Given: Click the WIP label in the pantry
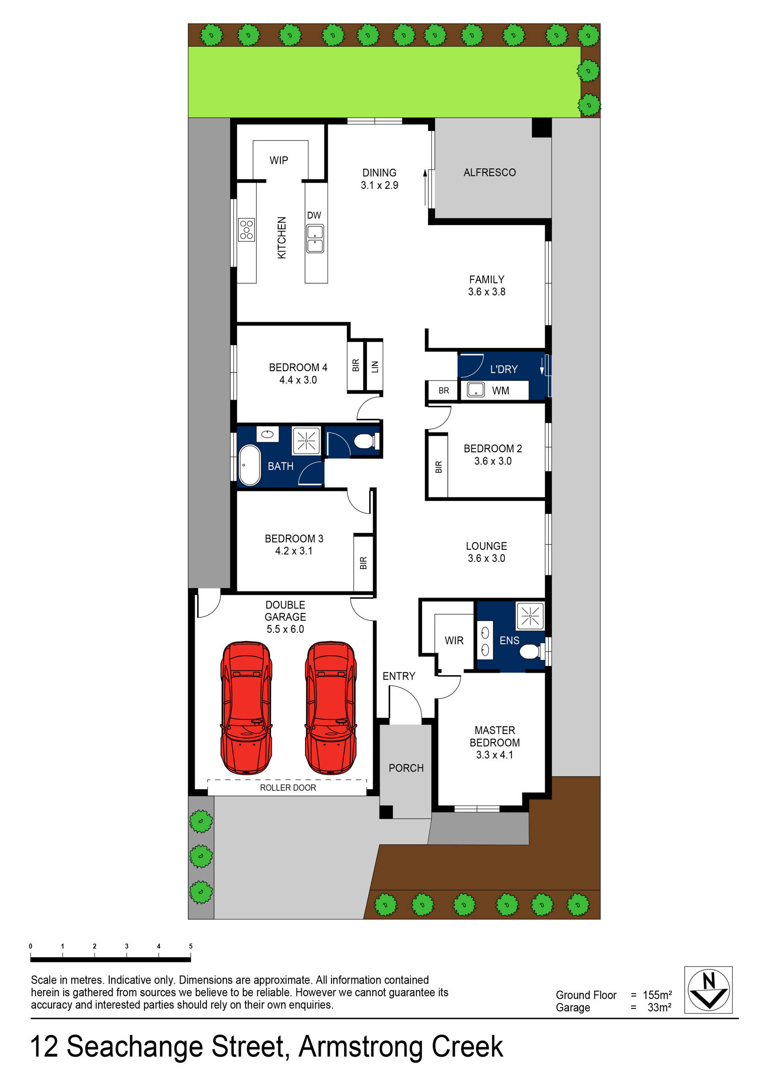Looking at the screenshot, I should tap(278, 160).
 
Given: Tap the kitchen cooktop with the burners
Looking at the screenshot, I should tap(246, 229).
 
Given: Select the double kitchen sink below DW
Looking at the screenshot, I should tap(315, 239).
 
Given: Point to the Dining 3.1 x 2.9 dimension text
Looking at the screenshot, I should tap(379, 186).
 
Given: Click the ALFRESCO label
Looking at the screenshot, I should tap(489, 173).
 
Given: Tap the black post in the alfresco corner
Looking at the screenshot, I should tap(541, 128).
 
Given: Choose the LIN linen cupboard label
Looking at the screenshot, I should tap(375, 366).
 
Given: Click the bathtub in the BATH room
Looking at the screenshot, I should tap(249, 465).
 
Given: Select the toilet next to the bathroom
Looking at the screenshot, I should tap(365, 442).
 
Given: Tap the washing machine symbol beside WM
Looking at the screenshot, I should tap(476, 390).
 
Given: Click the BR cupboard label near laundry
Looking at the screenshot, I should tap(443, 391).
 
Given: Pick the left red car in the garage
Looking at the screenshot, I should tap(246, 708).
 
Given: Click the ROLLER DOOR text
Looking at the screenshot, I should tap(288, 787).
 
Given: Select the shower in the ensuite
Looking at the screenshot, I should tap(530, 616).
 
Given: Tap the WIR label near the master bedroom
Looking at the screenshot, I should tap(454, 640).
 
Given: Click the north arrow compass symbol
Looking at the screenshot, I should tap(708, 990).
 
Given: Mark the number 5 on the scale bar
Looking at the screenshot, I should tap(191, 946).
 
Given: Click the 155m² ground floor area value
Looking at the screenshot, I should tap(657, 995).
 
